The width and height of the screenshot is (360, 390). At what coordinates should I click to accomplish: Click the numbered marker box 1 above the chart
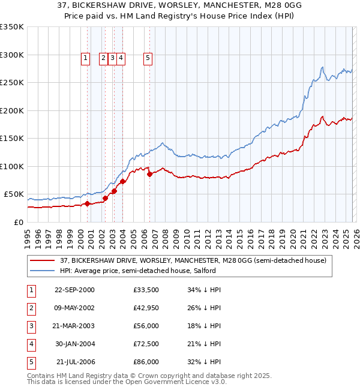[85, 58]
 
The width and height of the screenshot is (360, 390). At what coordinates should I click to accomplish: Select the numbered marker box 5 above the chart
[148, 58]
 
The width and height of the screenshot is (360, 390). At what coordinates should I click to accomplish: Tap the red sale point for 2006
[149, 174]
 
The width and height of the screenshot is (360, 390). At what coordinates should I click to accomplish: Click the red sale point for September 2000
[87, 203]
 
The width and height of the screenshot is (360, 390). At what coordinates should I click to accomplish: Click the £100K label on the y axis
[12, 166]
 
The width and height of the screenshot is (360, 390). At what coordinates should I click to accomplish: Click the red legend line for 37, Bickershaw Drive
[42, 261]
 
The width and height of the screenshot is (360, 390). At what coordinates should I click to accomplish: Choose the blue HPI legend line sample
[42, 271]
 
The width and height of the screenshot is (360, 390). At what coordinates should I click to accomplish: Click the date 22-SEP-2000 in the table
[74, 290]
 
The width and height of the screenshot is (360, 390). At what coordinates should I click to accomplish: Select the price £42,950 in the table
[146, 308]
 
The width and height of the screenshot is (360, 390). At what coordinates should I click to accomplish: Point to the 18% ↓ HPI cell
[204, 326]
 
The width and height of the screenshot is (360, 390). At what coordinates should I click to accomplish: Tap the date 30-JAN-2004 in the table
[74, 344]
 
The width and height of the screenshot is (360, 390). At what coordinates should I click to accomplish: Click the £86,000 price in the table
[146, 362]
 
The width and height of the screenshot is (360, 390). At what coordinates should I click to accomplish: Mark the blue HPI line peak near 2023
[323, 67]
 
